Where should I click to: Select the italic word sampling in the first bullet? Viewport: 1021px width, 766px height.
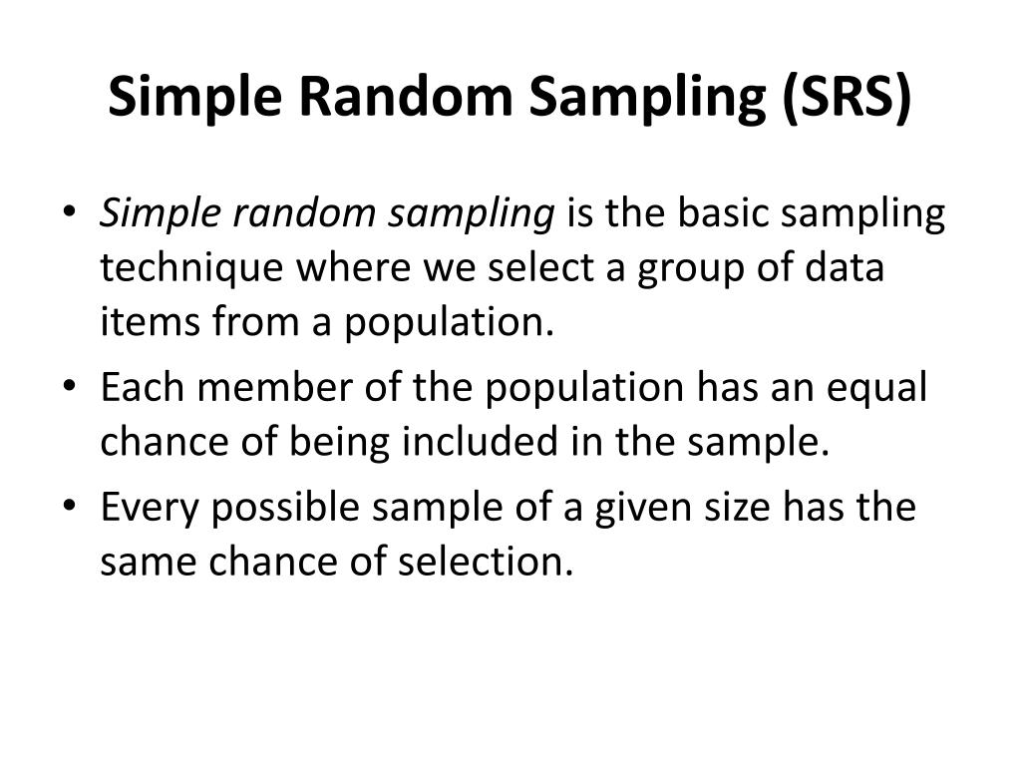pyautogui.click(x=474, y=215)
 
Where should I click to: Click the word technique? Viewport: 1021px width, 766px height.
pyautogui.click(x=189, y=269)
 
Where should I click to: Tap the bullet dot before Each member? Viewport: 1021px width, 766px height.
pyautogui.click(x=71, y=388)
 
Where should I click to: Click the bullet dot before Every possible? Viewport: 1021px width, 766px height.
pyautogui.click(x=71, y=508)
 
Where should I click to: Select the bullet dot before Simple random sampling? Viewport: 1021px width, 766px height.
pyautogui.click(x=71, y=215)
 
